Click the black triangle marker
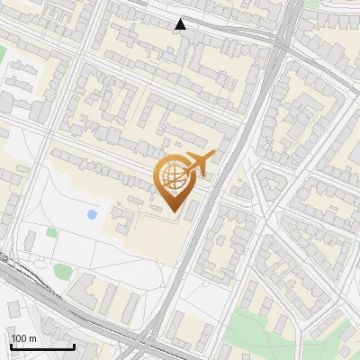[x=181, y=24]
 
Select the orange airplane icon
[x=198, y=164]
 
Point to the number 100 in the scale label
[x=19, y=338]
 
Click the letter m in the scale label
[x=32, y=338]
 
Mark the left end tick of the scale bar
[x=10, y=346]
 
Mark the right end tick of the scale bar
[x=74, y=346]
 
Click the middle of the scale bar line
[x=41, y=346]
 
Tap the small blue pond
[x=93, y=215]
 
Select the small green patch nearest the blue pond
[x=52, y=232]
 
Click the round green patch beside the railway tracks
[x=62, y=270]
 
